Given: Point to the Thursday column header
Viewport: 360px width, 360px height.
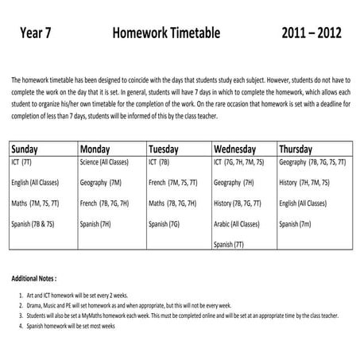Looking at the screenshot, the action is click(x=300, y=149).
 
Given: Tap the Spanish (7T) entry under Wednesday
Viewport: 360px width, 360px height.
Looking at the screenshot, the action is click(x=229, y=245).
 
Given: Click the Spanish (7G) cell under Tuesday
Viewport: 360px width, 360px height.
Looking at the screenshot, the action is click(x=164, y=225).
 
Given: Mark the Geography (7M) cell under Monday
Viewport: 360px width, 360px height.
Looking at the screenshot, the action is click(x=101, y=183).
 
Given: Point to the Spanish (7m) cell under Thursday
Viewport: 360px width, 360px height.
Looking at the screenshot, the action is click(x=294, y=225).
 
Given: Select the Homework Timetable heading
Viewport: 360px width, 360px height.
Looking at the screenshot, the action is click(x=166, y=34).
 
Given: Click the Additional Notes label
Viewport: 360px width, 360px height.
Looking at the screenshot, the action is click(x=34, y=280).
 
